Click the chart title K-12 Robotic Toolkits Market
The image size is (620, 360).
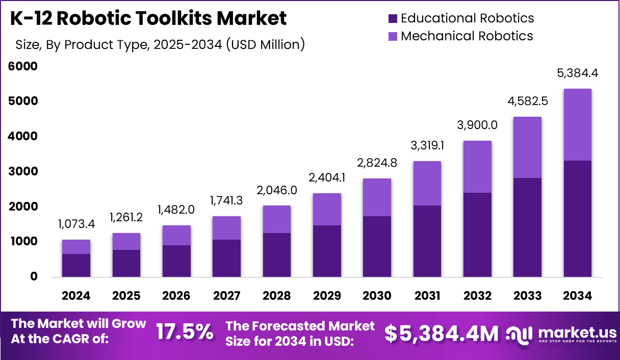[x=149, y=18]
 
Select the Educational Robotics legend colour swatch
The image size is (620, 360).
[x=393, y=19]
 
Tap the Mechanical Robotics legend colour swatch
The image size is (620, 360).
[x=393, y=37]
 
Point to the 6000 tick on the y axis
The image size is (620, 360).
[x=23, y=66]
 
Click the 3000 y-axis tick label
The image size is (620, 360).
[x=23, y=171]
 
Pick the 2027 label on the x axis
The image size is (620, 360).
[x=226, y=296]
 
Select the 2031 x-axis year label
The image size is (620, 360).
[x=427, y=296]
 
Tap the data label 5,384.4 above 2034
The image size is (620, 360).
[x=577, y=73]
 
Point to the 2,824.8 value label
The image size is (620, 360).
[x=377, y=163]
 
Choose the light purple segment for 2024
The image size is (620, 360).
[x=76, y=246]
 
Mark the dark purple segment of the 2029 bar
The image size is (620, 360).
[x=327, y=251]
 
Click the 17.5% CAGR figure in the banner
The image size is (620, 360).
[x=185, y=332]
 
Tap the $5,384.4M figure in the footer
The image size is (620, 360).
[x=441, y=333]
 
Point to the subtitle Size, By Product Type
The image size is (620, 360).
[x=160, y=45]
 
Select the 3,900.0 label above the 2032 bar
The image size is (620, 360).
[x=477, y=125]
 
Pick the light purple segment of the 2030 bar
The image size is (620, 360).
[x=377, y=197]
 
